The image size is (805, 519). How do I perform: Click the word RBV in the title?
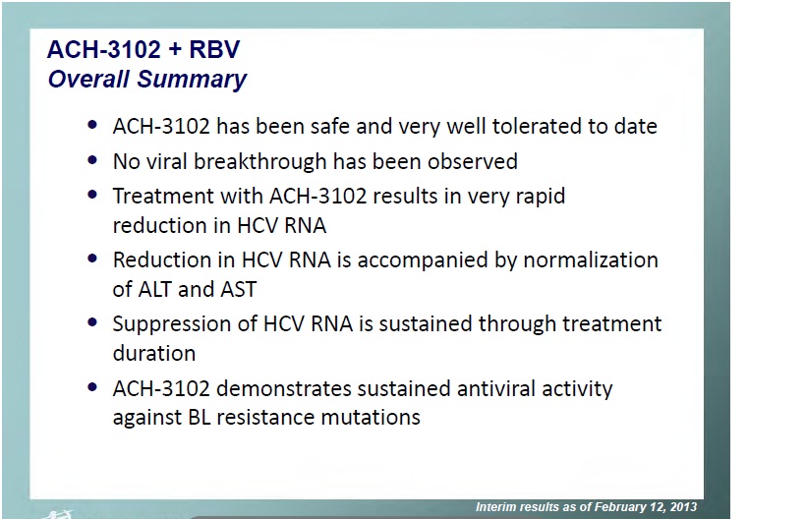tap(214, 50)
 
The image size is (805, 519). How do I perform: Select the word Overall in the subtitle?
tap(88, 79)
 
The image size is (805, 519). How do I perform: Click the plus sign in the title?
tap(175, 50)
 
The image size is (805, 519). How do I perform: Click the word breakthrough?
tap(259, 161)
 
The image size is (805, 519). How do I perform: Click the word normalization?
tap(591, 259)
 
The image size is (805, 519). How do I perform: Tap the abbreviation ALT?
tap(154, 290)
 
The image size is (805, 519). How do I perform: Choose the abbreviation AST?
tap(238, 290)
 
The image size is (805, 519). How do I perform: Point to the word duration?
tap(154, 353)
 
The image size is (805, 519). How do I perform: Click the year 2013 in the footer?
tap(683, 507)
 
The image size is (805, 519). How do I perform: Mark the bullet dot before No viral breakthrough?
tap(92, 160)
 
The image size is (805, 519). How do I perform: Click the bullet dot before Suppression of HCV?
tap(92, 322)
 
